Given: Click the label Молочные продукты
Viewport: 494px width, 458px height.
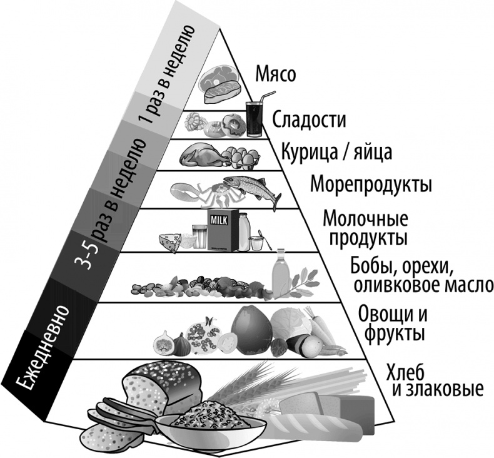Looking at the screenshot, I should coord(365,228).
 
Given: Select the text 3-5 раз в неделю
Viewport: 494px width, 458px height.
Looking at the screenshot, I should coord(110,206).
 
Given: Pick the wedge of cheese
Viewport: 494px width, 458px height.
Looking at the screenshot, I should coord(168,240).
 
